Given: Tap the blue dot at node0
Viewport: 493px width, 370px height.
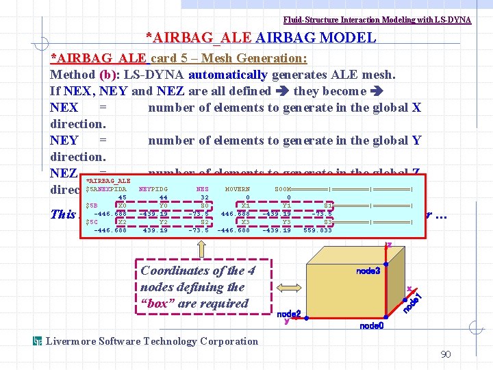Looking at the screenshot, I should pyautogui.click(x=385, y=317).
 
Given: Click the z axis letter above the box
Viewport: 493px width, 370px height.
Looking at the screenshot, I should pyautogui.click(x=389, y=245).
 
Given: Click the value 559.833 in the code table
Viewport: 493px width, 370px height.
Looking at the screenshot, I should pyautogui.click(x=317, y=230).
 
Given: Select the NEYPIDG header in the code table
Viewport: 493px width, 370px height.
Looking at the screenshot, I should pyautogui.click(x=153, y=189).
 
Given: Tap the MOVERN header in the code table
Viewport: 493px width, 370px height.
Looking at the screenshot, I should pyautogui.click(x=238, y=189).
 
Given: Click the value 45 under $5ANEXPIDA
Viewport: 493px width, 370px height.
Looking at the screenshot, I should pyautogui.click(x=122, y=197).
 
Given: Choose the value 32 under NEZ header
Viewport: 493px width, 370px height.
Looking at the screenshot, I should pyautogui.click(x=203, y=197).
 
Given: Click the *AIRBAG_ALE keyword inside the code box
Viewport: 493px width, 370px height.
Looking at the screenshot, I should pyautogui.click(x=108, y=181).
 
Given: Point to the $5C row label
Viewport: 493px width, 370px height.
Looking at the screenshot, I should pyautogui.click(x=91, y=222).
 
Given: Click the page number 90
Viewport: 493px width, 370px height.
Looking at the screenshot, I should pyautogui.click(x=445, y=354).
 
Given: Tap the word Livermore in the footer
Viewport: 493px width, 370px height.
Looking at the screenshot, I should pyautogui.click(x=71, y=341).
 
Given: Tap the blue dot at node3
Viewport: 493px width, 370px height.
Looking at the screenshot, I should pyautogui.click(x=385, y=264).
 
